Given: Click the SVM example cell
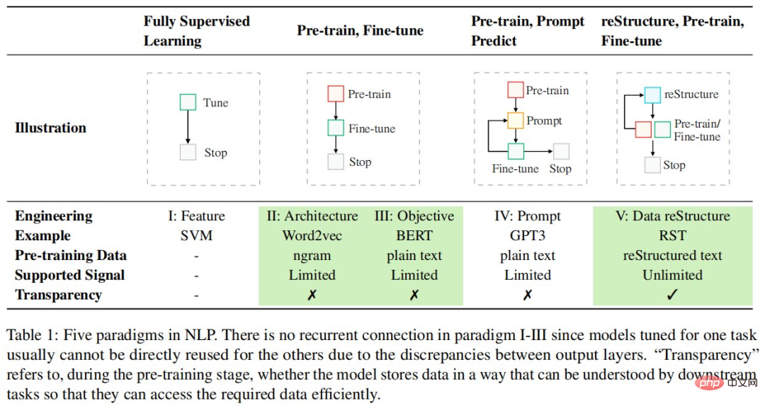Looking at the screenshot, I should tap(196, 236).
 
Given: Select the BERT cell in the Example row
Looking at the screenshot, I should tap(414, 236).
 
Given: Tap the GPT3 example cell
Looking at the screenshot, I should tap(527, 236).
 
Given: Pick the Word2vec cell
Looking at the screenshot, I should tap(312, 236).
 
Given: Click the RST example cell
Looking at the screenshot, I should tap(672, 236).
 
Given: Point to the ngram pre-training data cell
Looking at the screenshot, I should tap(312, 256).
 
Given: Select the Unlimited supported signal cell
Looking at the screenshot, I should tap(672, 275).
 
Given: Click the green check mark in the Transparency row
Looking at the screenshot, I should tap(672, 295).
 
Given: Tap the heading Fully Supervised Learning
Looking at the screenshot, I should tap(196, 30).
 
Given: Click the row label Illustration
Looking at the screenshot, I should tap(50, 128).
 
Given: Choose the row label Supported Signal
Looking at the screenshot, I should tap(69, 275).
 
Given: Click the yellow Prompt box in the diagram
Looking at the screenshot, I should tap(516, 120).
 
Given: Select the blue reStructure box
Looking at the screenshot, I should tap(652, 95).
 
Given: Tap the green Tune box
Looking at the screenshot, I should tap(188, 103).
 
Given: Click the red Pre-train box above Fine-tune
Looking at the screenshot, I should tap(336, 94).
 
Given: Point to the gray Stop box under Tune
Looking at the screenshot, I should tap(188, 152).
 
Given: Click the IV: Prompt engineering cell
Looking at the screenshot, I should tap(527, 216).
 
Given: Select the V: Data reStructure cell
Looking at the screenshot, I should tap(672, 216).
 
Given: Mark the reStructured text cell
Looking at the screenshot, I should tap(672, 256).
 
